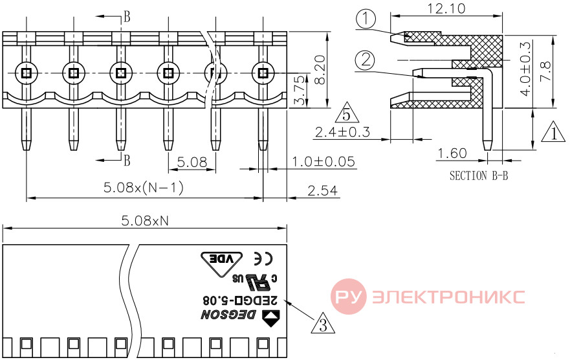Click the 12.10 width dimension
(445, 8)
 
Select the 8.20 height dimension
(320, 69)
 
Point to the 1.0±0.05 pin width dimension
(323, 161)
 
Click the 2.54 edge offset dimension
(322, 190)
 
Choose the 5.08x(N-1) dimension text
(144, 188)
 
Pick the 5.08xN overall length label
(145, 220)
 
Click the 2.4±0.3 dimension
(342, 131)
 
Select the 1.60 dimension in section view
(452, 153)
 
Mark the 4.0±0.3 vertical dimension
(525, 69)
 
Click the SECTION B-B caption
(478, 175)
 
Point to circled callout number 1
(366, 19)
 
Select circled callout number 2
(365, 60)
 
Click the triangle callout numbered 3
(323, 324)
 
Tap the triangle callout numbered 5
(346, 113)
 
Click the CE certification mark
(263, 258)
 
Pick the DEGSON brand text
(228, 315)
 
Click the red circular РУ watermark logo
(349, 297)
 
